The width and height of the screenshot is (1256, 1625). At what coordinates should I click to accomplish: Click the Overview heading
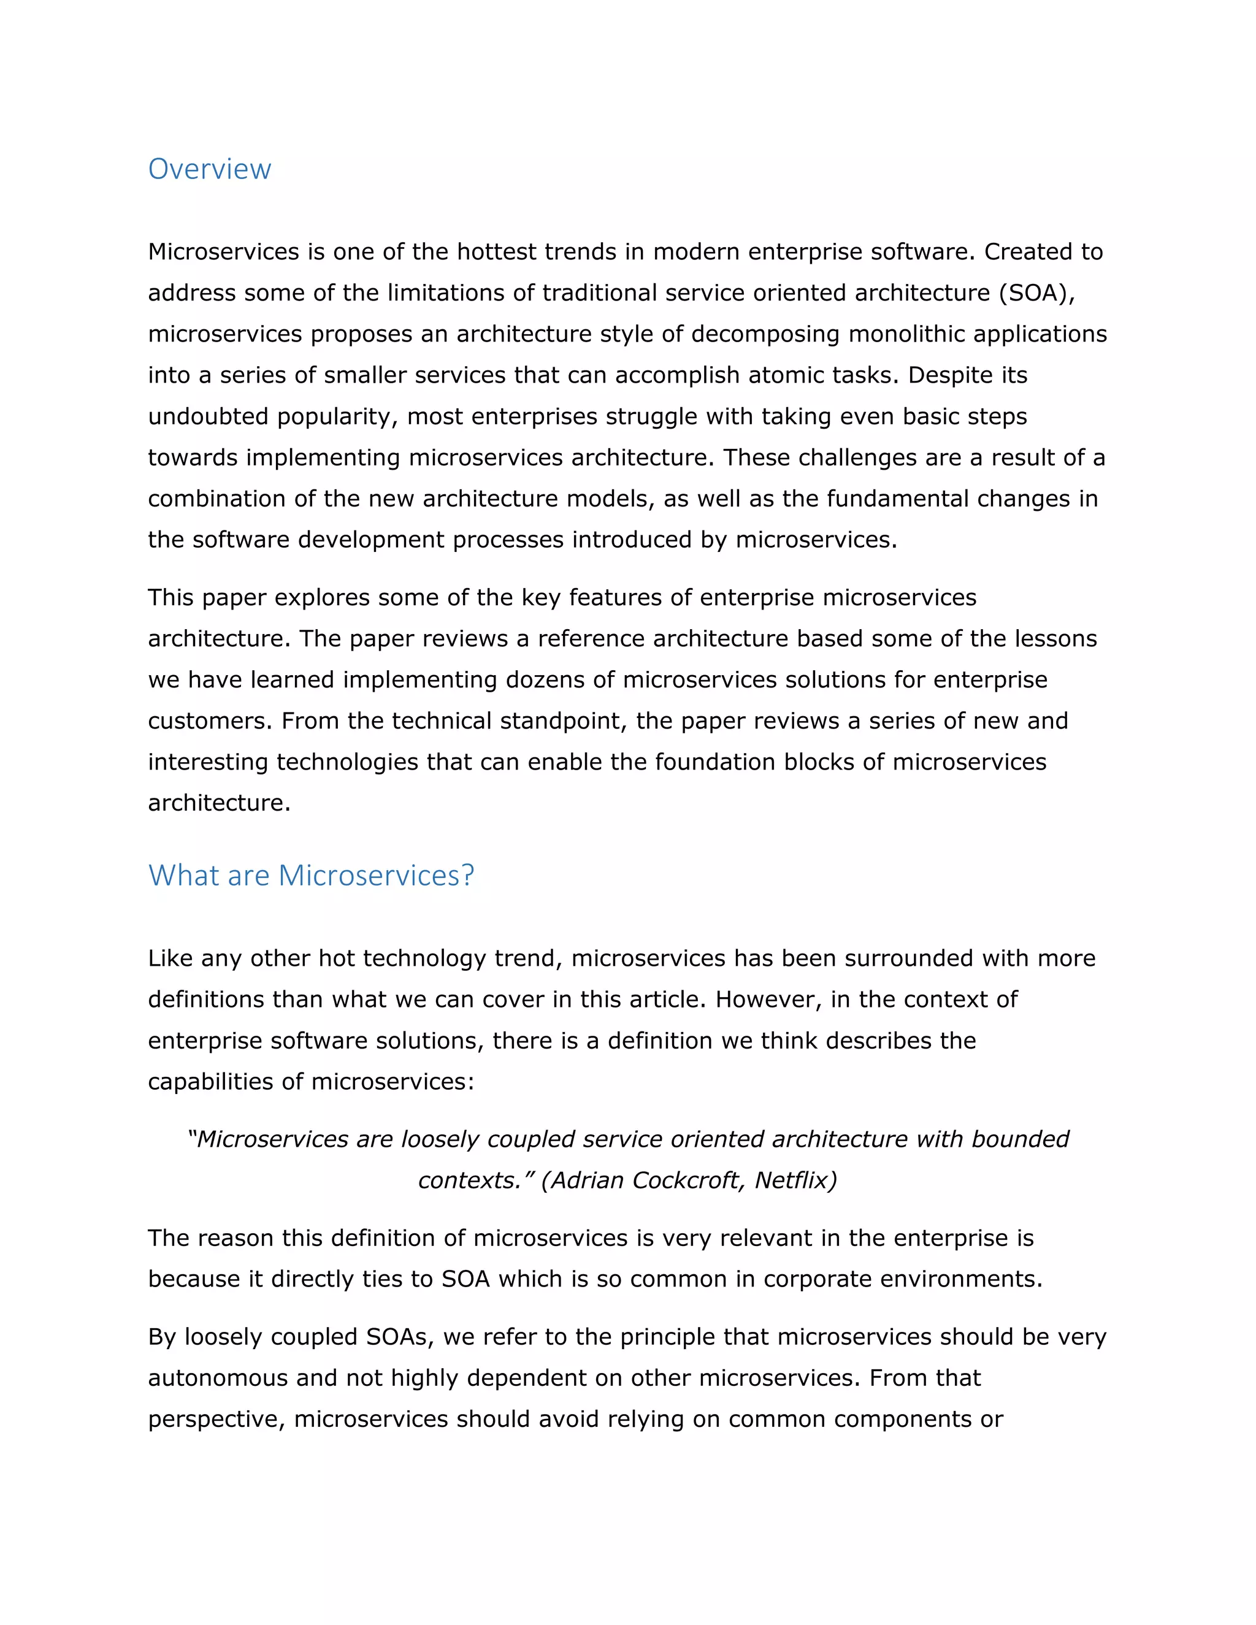(x=209, y=170)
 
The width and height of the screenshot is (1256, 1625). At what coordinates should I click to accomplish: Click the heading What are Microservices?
(x=310, y=876)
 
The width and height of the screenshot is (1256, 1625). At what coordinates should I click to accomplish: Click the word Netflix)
(x=795, y=1180)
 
